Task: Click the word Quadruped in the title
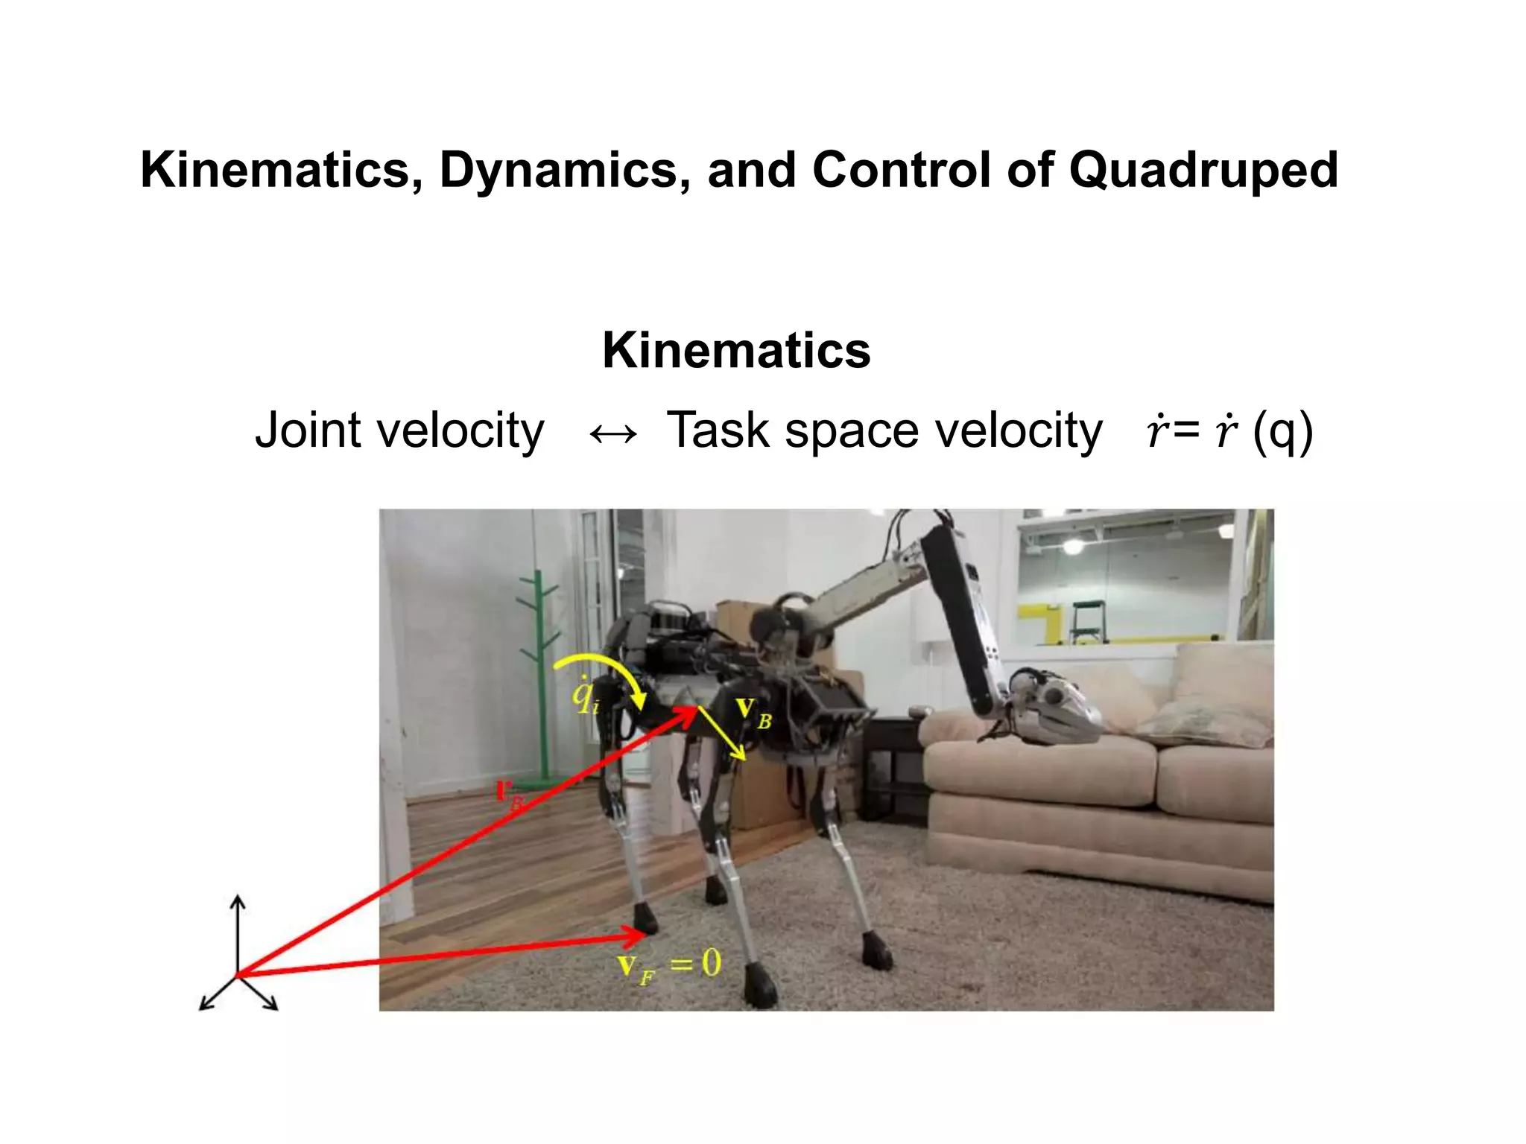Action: coord(1203,171)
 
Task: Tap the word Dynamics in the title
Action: coord(557,171)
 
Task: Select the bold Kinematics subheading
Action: coord(736,350)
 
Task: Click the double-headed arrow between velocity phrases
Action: coord(612,433)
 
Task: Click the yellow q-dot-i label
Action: coord(585,696)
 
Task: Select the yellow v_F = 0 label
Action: coord(669,967)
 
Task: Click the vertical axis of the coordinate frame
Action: coord(238,934)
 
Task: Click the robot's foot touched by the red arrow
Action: coord(646,921)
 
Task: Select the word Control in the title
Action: coord(902,171)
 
